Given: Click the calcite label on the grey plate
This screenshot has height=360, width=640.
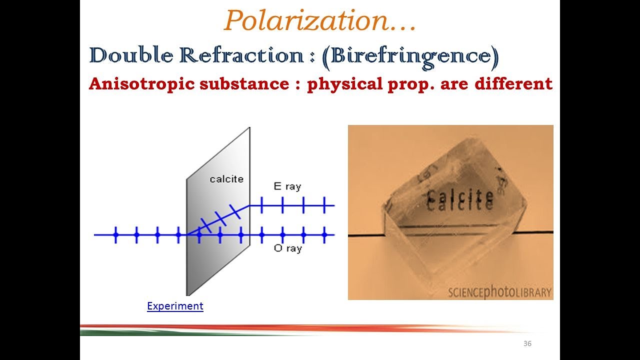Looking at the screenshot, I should [x=226, y=178].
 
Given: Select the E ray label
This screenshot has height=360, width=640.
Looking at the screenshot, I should [x=287, y=186].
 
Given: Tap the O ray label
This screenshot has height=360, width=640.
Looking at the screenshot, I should [x=287, y=248].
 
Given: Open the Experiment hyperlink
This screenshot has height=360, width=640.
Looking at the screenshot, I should [x=175, y=306].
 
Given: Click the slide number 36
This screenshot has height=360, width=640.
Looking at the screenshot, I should [x=527, y=343].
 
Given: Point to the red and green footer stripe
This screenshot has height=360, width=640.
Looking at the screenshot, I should [x=300, y=330].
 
